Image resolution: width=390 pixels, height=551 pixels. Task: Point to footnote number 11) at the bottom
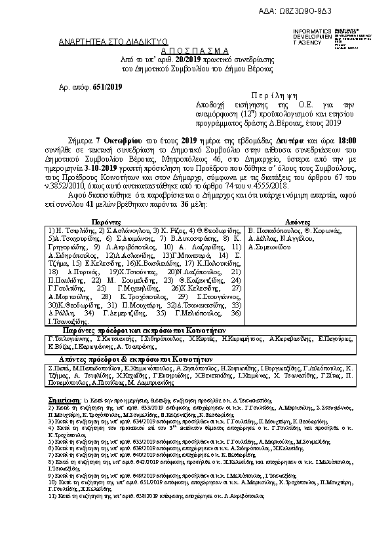point(53,497)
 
